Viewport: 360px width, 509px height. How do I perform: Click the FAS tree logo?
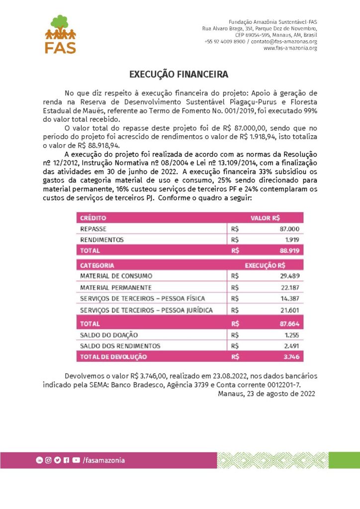61,34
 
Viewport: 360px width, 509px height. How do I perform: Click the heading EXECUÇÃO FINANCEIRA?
179,75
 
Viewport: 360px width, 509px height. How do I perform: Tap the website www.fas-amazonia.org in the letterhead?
290,48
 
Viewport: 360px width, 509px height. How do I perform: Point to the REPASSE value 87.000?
290,229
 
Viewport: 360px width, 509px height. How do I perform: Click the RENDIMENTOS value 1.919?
293,240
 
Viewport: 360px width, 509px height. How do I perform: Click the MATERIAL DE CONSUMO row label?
116,275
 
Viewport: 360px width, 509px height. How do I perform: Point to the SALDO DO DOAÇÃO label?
109,335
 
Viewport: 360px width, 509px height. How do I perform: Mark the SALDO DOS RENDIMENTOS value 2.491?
292,345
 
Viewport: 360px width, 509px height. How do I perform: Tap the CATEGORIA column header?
97,265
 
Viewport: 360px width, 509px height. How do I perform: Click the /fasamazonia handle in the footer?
104,460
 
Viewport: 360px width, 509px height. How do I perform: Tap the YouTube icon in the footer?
76,460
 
